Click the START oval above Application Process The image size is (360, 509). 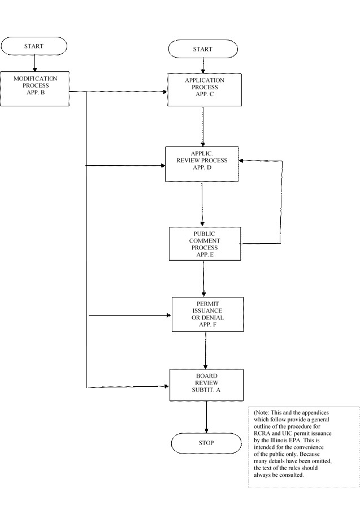pyautogui.click(x=203, y=49)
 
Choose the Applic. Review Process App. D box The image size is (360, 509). pyautogui.click(x=202, y=163)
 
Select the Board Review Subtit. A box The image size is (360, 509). pyautogui.click(x=206, y=385)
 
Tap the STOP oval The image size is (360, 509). pyautogui.click(x=206, y=443)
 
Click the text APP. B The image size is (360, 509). pyautogui.click(x=36, y=92)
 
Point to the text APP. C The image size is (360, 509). pyautogui.click(x=205, y=94)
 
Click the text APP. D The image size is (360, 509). pyautogui.click(x=202, y=168)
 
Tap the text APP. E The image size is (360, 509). pyautogui.click(x=204, y=255)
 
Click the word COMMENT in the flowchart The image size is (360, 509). pyautogui.click(x=204, y=241)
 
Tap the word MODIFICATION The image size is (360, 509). pyautogui.click(x=36, y=79)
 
